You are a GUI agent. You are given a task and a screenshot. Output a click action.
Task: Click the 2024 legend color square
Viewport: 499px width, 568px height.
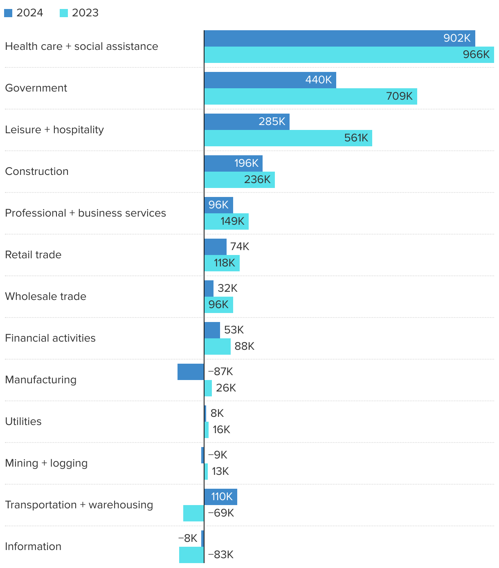click(x=8, y=13)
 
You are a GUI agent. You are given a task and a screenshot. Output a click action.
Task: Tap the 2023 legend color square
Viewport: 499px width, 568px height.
click(x=64, y=13)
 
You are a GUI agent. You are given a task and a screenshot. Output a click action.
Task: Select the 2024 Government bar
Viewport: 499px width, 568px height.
click(x=270, y=80)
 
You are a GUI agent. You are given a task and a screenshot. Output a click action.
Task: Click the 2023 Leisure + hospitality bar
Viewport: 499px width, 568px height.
click(x=288, y=138)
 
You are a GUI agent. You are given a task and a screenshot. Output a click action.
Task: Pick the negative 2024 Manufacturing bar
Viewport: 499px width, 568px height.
click(x=191, y=372)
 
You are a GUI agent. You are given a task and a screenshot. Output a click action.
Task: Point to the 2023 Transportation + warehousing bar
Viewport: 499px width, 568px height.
click(x=193, y=513)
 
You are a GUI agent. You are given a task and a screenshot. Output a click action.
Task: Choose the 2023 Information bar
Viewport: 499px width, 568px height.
click(x=191, y=555)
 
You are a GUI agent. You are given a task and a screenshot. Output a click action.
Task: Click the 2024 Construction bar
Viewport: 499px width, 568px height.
click(x=233, y=163)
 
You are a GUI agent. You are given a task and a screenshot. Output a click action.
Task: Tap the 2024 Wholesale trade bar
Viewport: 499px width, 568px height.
click(x=209, y=288)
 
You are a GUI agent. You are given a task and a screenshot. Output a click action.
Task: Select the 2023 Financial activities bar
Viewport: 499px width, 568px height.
click(x=217, y=347)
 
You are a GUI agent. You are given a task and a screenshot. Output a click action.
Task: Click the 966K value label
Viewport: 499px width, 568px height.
click(x=476, y=55)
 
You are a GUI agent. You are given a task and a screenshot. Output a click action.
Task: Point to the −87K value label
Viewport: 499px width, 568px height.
click(x=220, y=372)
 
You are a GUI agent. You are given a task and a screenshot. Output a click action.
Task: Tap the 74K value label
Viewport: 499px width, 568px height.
click(x=240, y=247)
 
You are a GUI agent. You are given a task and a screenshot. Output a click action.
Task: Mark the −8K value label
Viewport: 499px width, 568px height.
click(x=188, y=539)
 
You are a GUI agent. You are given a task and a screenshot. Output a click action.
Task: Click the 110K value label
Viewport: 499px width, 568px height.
click(x=222, y=497)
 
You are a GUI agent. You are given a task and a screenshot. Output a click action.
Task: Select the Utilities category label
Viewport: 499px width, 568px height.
click(x=23, y=422)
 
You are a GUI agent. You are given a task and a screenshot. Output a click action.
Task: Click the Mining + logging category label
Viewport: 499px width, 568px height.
click(x=46, y=463)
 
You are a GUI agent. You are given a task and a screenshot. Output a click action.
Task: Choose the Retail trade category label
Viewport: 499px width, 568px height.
click(x=33, y=255)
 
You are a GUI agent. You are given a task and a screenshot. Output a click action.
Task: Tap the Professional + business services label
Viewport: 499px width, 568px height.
click(x=85, y=213)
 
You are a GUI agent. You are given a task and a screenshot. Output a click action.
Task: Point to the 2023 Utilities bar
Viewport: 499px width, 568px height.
click(x=207, y=430)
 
